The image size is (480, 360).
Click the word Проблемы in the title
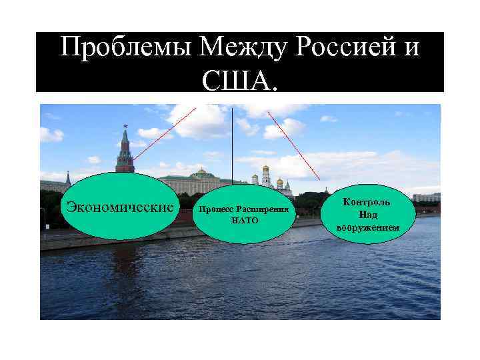point(127,48)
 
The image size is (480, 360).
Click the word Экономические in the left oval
point(121,206)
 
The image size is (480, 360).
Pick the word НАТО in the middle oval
point(244,220)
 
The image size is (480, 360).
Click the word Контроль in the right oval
point(367,201)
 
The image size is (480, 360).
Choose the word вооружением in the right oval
point(368,228)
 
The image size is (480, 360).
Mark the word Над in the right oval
point(367,215)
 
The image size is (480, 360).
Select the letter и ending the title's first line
point(413,48)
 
